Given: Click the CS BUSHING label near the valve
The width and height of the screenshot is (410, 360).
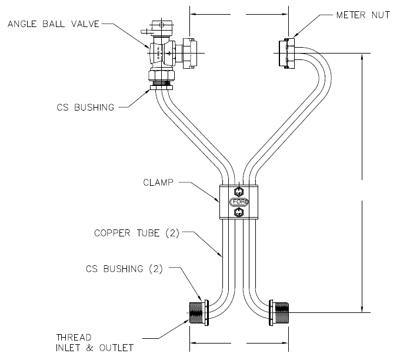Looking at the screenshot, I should pyautogui.click(x=85, y=107).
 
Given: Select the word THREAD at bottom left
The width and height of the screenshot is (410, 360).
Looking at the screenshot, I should pyautogui.click(x=74, y=337).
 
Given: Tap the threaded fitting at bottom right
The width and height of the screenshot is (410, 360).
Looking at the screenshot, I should pyautogui.click(x=280, y=312).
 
